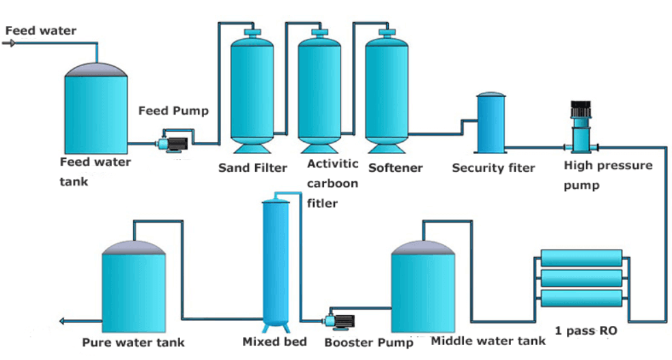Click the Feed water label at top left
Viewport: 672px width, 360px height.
40,31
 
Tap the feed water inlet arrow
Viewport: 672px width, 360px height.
10,43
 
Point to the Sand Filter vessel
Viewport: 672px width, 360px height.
253,89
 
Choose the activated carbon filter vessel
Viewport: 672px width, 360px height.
320,89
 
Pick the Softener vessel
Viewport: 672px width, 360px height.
387,89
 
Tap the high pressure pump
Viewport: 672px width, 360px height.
581,130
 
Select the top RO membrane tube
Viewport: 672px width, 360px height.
581,258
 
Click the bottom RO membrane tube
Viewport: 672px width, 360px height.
581,299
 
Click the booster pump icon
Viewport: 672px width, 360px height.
339,319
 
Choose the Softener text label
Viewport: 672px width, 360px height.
395,168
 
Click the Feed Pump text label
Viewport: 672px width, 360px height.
173,110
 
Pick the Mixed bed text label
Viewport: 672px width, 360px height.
274,342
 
